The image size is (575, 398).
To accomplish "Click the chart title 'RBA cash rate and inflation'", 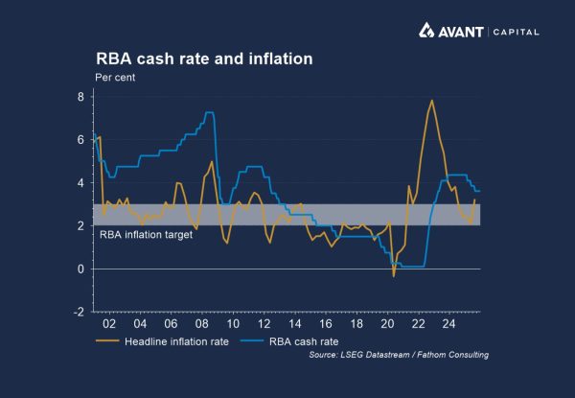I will pos(203,59).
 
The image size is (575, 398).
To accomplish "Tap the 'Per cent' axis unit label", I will pos(116,78).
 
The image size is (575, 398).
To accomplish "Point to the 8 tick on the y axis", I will pos(81,97).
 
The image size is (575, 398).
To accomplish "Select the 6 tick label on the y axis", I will pos(81,140).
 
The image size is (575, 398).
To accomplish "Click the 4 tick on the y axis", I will pos(81,183).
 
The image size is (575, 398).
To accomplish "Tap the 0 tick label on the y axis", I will pos(81,269).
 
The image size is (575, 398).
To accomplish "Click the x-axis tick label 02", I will pos(119,323).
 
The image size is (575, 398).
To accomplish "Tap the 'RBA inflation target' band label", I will pos(146,233).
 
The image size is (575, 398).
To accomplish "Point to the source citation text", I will pos(399,355).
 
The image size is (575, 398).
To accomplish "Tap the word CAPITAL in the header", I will pos(517,32).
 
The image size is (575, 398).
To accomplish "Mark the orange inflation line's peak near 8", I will pos(432,101).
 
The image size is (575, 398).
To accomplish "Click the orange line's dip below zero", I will pos(393,276).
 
